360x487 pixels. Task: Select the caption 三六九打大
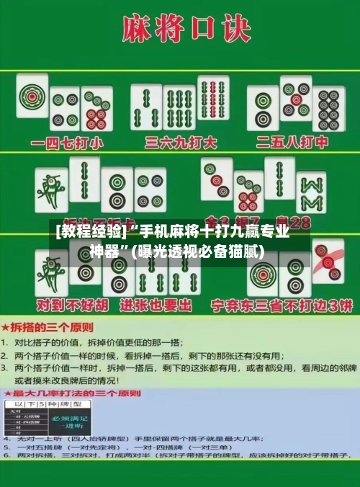pos(181,142)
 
